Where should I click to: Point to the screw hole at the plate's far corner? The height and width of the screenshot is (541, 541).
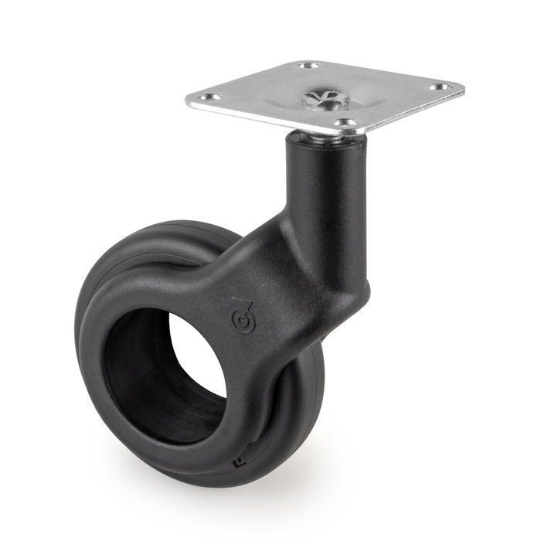pyautogui.click(x=308, y=66)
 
